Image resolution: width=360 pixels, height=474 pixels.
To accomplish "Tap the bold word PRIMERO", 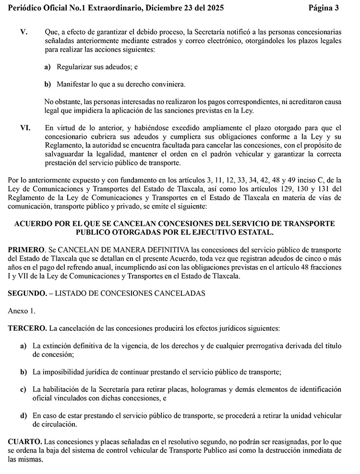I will click(26, 251).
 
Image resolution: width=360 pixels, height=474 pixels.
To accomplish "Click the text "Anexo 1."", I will click(22, 311).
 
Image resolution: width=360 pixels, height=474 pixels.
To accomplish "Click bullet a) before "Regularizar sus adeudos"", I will click(48, 67).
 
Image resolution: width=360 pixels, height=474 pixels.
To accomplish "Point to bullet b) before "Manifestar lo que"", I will click(48, 84).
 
